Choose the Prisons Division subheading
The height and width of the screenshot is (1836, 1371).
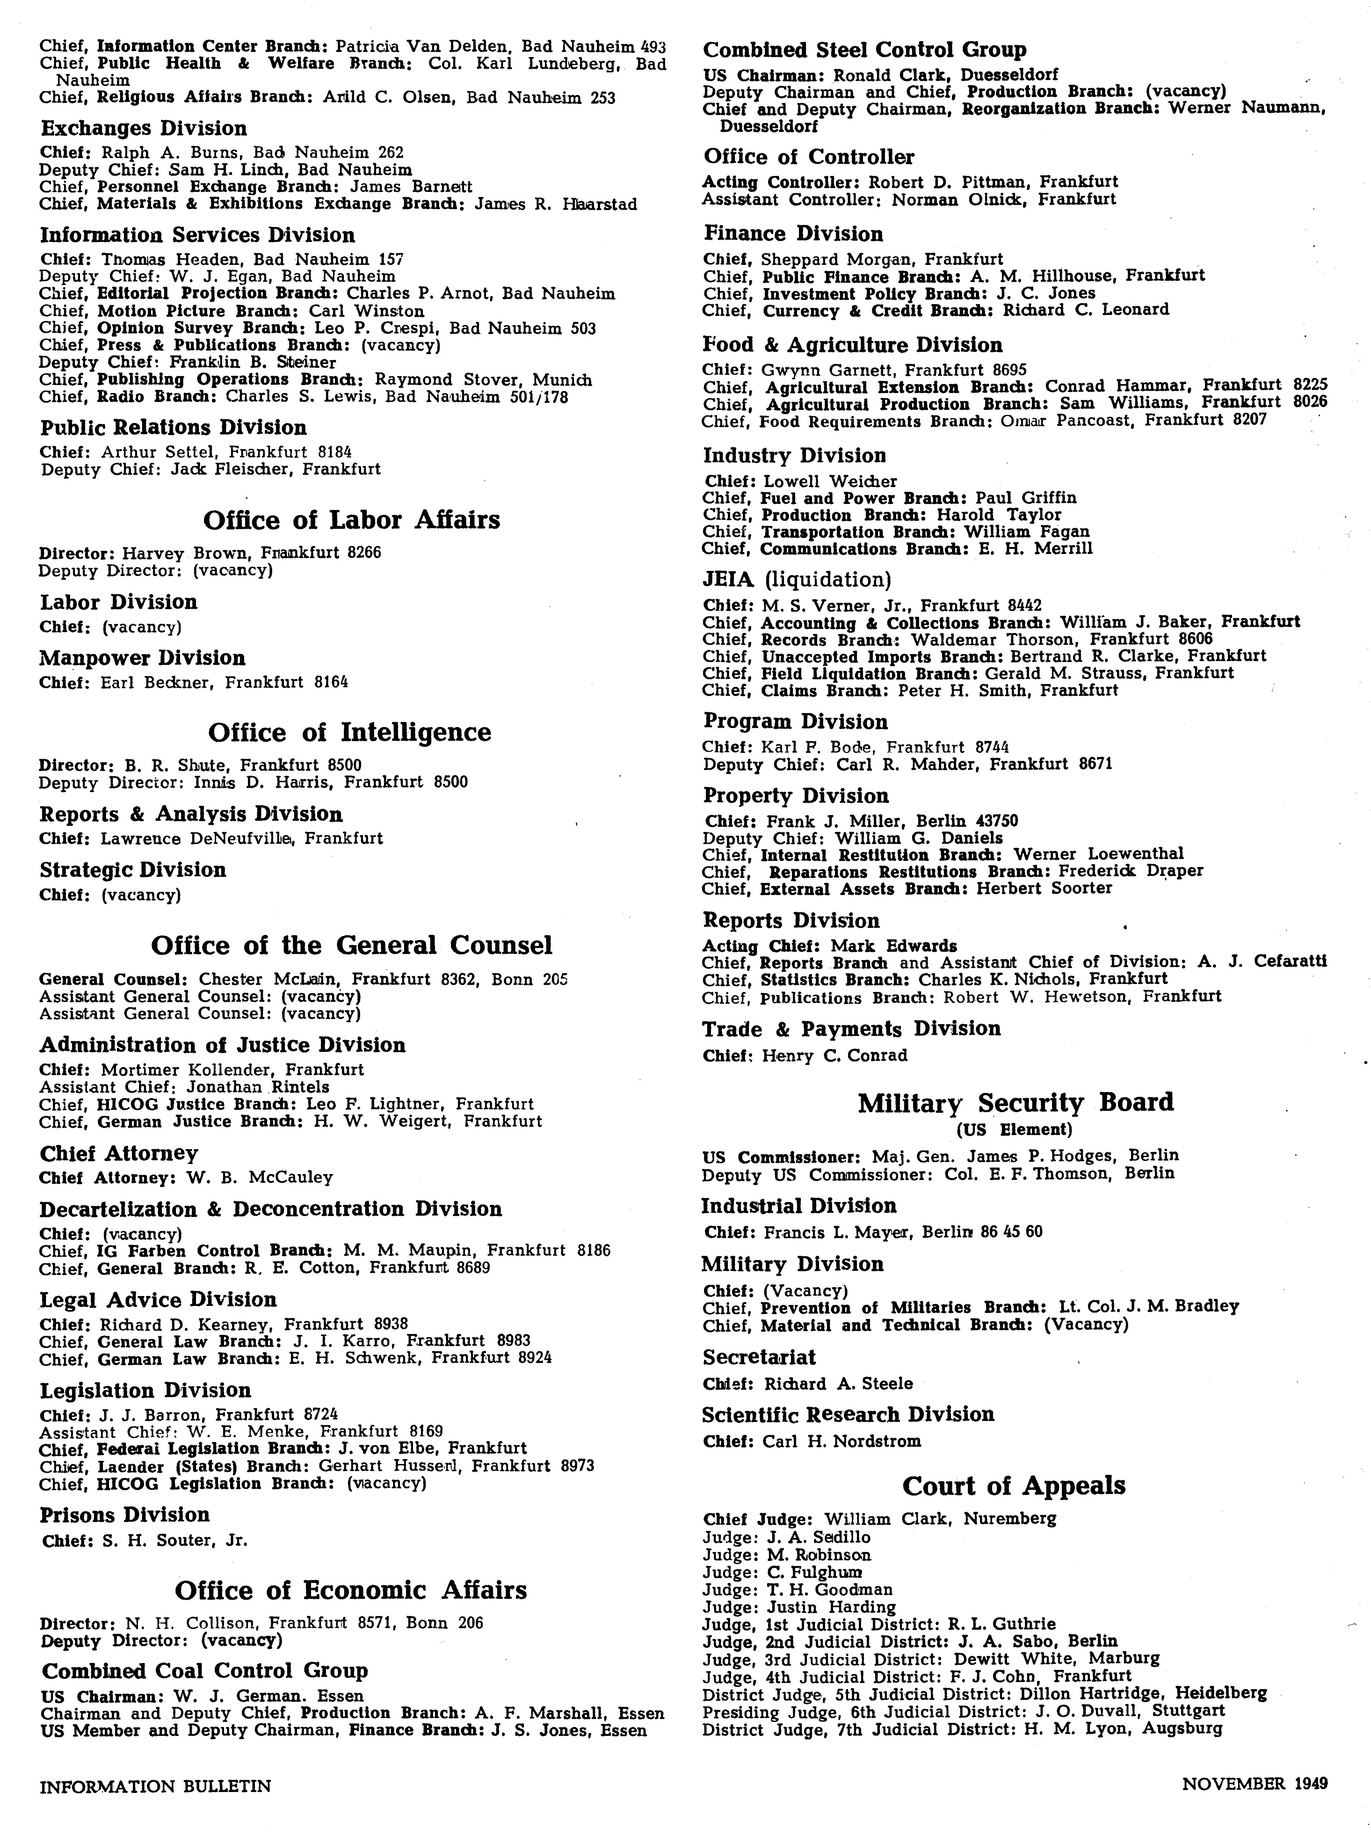(125, 1515)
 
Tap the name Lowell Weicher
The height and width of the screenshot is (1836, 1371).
(830, 481)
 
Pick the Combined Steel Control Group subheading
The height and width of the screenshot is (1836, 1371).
(865, 50)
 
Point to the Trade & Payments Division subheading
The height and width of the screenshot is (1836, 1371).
(852, 1029)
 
